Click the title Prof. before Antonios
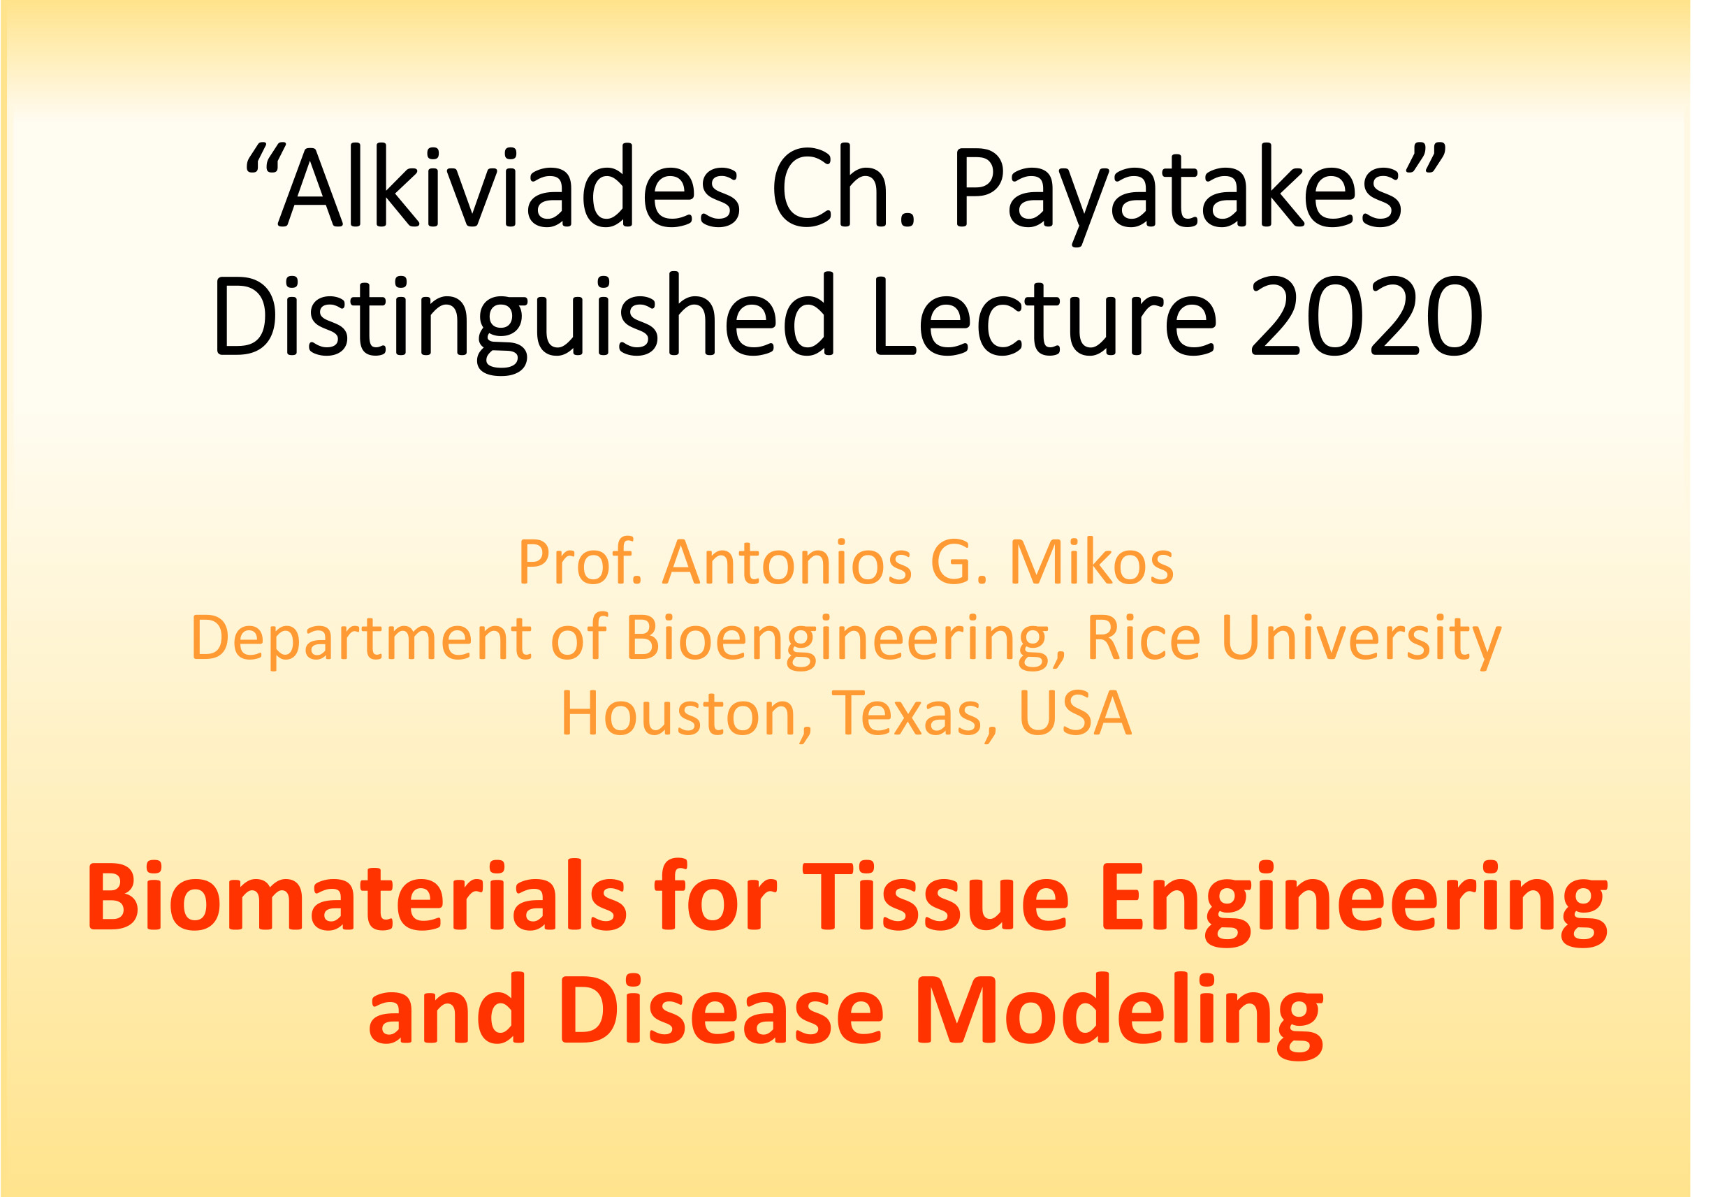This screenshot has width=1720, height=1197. pyautogui.click(x=580, y=563)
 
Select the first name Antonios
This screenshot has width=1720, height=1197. pyautogui.click(x=787, y=563)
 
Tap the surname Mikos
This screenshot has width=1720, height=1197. pyautogui.click(x=1091, y=563)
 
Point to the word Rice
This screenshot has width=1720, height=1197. pyautogui.click(x=1143, y=637)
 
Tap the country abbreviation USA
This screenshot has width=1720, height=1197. pyautogui.click(x=1075, y=713)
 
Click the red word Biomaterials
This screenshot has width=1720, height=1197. pyautogui.click(x=356, y=896)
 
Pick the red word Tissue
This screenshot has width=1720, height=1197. pyautogui.click(x=935, y=896)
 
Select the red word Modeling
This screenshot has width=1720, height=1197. pyautogui.click(x=1120, y=1016)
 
